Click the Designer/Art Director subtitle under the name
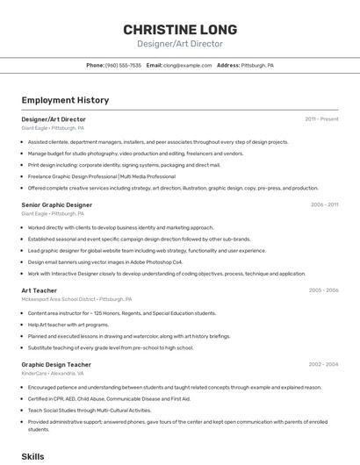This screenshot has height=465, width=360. click(x=179, y=44)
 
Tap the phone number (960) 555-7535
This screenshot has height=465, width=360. click(x=123, y=66)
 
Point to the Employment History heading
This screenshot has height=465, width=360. click(x=58, y=101)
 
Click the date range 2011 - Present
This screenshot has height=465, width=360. click(x=321, y=118)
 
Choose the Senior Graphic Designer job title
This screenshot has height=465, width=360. click(x=56, y=204)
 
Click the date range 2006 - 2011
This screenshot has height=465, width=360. click(x=324, y=204)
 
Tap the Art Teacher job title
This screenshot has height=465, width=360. click(x=39, y=290)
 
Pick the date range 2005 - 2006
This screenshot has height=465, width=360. click(x=323, y=290)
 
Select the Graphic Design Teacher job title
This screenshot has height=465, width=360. click(x=56, y=364)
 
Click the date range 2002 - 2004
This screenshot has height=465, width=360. click(x=323, y=364)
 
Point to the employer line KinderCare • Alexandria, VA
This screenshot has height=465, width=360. click(x=53, y=373)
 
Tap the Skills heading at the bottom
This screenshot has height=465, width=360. click(x=32, y=456)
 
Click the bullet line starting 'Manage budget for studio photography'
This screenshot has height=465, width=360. click(x=135, y=153)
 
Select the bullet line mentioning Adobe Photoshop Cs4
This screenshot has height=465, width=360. click(x=105, y=261)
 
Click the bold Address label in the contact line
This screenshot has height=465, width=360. click(x=228, y=66)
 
